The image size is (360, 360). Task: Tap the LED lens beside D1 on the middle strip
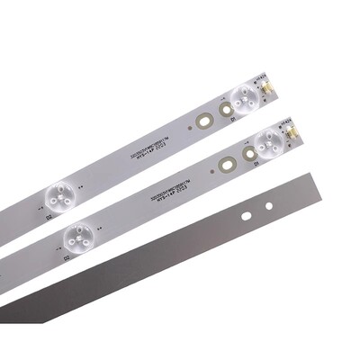(269, 139)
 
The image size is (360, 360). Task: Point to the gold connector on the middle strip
(293, 130)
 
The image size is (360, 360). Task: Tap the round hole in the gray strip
(268, 206)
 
